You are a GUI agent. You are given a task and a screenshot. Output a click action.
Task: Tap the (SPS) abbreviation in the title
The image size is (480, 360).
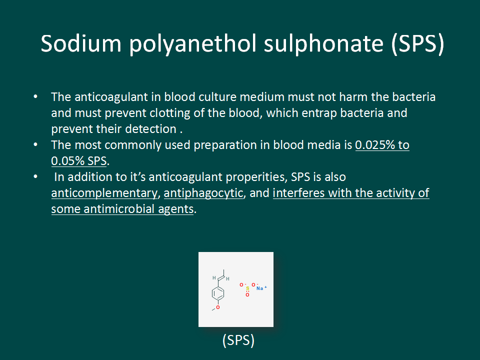pos(417,44)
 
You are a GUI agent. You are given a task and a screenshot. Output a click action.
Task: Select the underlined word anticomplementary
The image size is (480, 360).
pos(104,193)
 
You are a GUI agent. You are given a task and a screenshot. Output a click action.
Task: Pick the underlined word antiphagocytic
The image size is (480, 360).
pos(203,193)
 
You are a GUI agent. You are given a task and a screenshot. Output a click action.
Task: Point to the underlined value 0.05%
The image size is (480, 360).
pos(67,160)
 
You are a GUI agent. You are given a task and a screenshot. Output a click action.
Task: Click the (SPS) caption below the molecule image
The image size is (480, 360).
pos(238,340)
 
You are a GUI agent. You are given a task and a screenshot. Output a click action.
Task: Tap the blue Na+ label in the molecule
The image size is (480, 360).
pos(261,288)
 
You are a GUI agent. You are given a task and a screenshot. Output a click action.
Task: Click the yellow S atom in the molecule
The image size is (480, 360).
pos(247,288)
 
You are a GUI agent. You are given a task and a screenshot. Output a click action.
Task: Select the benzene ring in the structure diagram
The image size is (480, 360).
pos(217,293)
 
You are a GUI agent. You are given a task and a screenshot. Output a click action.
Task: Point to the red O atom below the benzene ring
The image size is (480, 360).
pos(218,307)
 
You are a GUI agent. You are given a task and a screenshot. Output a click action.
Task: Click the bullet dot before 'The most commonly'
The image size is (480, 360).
pos(35,144)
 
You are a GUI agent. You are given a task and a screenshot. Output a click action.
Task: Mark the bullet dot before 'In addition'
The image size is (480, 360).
pos(35,176)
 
